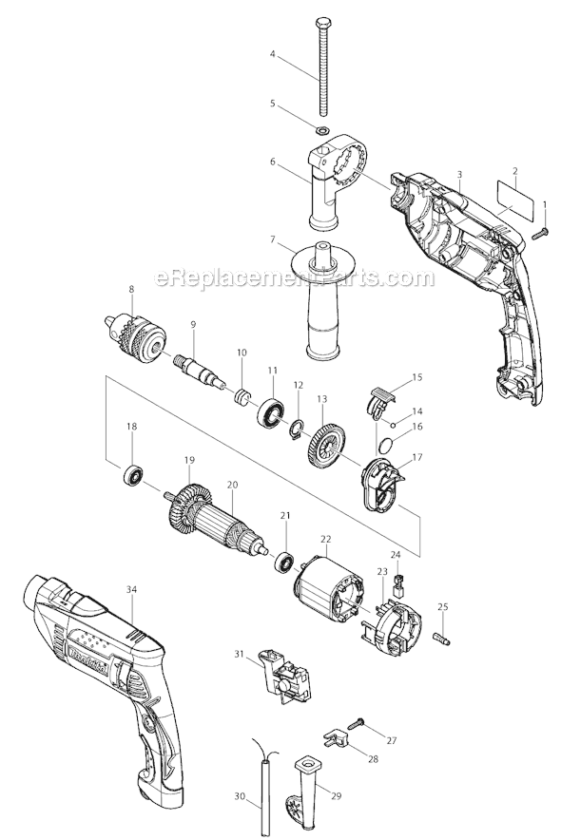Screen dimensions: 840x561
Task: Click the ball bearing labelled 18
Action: tap(131, 474)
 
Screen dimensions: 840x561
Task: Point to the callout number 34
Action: tap(131, 589)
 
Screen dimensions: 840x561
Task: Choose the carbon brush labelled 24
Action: tap(397, 577)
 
